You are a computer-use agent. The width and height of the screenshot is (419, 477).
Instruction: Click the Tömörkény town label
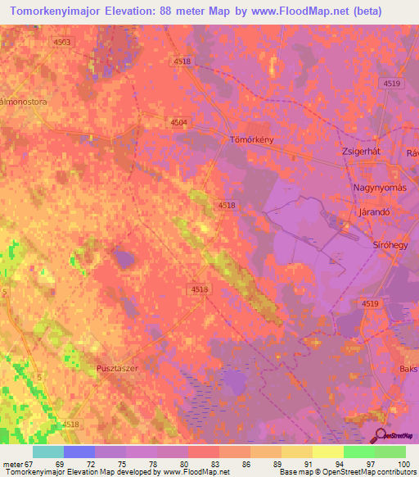click(251, 140)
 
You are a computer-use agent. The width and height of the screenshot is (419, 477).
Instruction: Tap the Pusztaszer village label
click(118, 370)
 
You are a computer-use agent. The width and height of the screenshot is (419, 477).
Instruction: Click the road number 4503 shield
click(61, 42)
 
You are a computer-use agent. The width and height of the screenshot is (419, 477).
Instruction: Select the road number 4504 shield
click(178, 122)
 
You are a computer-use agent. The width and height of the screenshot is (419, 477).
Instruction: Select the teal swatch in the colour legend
click(48, 452)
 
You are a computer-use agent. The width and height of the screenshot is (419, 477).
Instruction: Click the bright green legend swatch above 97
click(358, 452)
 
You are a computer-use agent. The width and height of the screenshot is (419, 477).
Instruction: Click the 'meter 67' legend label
click(17, 463)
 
